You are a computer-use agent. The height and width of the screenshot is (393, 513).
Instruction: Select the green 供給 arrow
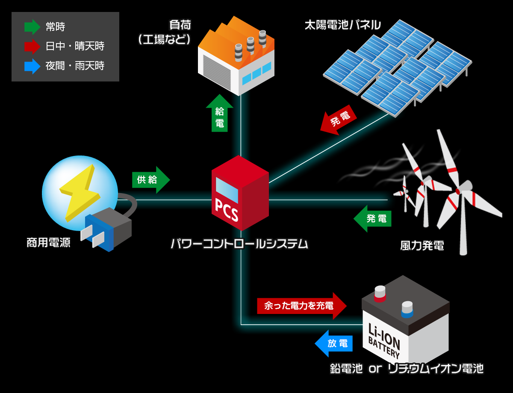pyautogui.click(x=150, y=180)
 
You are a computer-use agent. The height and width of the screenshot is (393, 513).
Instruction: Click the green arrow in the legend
pyautogui.click(x=32, y=27)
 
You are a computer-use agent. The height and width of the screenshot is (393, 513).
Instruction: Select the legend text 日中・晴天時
pyautogui.click(x=75, y=46)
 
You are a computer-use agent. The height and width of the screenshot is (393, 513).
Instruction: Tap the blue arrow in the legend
pyautogui.click(x=32, y=66)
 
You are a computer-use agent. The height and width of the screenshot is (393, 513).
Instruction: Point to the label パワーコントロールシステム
pyautogui.click(x=239, y=244)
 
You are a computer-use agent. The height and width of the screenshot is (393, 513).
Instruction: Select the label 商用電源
pyautogui.click(x=48, y=243)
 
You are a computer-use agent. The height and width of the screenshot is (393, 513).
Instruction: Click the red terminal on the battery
pyautogui.click(x=380, y=293)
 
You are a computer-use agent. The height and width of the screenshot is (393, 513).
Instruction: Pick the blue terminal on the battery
pyautogui.click(x=407, y=309)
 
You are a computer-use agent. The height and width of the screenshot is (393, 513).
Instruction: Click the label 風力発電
pyautogui.click(x=422, y=246)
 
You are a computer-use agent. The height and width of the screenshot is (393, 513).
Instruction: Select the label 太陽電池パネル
pyautogui.click(x=342, y=25)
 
